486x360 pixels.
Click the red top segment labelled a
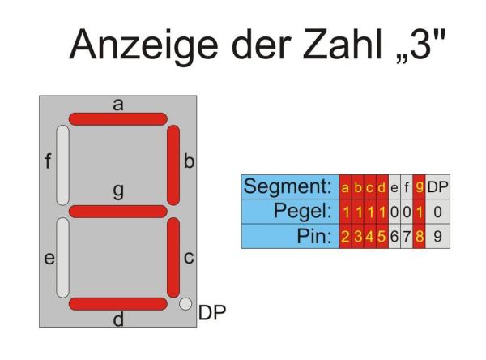[x=117, y=118]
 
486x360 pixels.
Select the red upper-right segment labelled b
[x=173, y=165]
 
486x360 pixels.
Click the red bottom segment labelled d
[x=117, y=304]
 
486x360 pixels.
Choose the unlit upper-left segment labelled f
[x=62, y=165]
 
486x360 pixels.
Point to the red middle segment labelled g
[x=117, y=212]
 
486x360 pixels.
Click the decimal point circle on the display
[x=185, y=304]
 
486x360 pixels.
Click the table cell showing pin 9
[x=437, y=237]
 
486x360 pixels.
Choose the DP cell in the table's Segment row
[x=437, y=188]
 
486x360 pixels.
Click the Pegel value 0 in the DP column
[x=437, y=212]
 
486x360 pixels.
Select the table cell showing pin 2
[x=345, y=237]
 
